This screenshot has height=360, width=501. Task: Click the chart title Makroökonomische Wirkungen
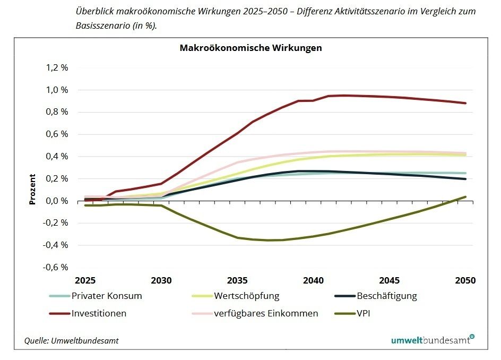250,48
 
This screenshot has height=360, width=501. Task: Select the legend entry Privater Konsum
107,296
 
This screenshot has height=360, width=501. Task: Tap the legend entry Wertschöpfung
246,296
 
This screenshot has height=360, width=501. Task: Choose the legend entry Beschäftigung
387,296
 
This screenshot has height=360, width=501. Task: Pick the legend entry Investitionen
99,313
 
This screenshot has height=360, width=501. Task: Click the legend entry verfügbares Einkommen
266,313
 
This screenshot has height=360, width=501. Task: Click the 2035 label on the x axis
237,280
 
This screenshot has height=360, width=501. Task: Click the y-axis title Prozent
32,190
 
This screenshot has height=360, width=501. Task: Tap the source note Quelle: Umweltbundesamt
72,341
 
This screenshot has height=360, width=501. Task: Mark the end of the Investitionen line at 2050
465,103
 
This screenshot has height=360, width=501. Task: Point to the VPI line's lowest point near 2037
268,240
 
